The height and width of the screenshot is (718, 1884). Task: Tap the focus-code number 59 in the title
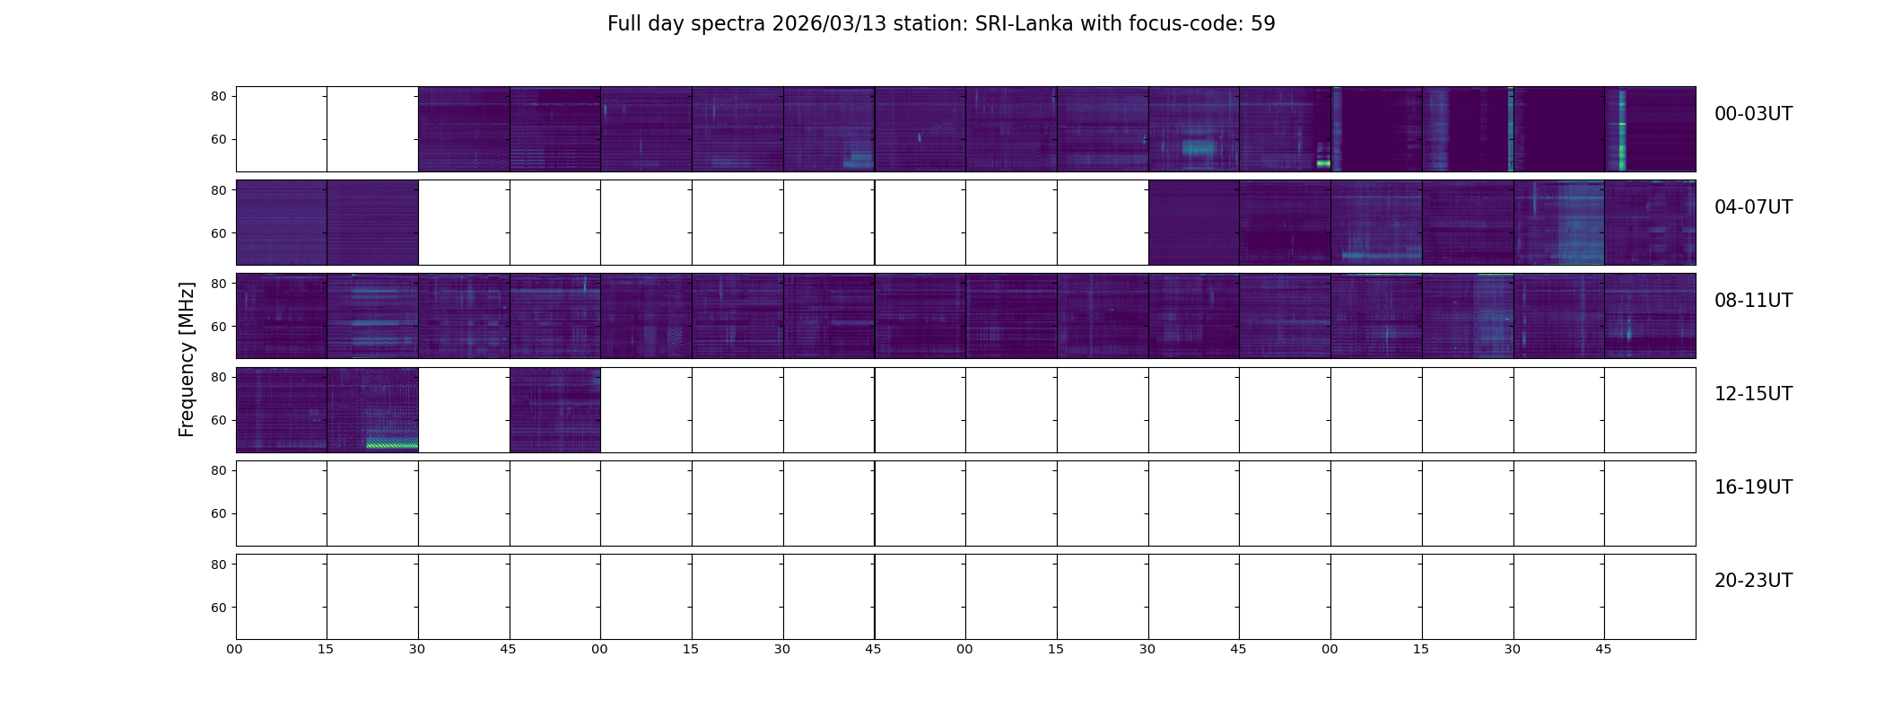pos(1262,24)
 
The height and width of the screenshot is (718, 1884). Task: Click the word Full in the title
pos(624,24)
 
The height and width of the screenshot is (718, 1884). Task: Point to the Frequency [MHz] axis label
pos(187,359)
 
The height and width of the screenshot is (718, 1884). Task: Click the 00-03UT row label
pos(1753,114)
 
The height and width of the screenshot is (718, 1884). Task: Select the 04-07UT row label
pos(1753,207)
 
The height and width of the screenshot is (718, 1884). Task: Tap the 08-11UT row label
pos(1753,301)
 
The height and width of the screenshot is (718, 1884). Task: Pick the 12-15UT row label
pos(1753,394)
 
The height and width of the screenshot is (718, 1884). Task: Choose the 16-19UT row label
pos(1753,487)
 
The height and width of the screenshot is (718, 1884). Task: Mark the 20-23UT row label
pos(1753,581)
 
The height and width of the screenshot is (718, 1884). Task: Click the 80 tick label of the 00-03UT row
pos(218,97)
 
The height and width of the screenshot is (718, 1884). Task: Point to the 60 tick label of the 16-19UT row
pos(218,514)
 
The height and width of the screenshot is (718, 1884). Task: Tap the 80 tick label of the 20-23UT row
pos(218,565)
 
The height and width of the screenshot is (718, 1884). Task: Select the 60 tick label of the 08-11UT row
pos(218,327)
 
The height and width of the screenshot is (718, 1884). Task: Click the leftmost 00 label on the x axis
pos(234,650)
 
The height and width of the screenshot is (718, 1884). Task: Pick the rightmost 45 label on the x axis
pos(1603,650)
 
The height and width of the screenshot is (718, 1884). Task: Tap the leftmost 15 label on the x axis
pos(326,650)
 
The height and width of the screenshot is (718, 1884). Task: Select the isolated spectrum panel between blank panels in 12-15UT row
pos(554,409)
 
